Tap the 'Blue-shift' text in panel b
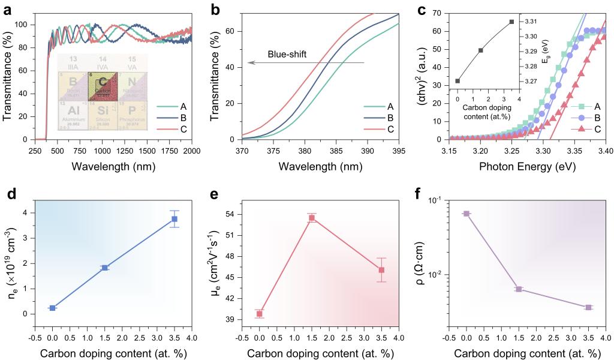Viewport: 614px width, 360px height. point(287,54)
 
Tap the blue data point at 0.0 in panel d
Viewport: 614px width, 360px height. point(53,308)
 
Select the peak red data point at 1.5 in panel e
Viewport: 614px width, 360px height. point(312,218)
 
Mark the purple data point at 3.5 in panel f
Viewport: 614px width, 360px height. point(588,307)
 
